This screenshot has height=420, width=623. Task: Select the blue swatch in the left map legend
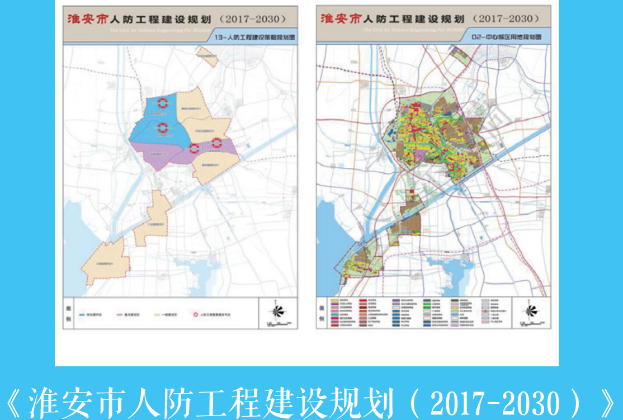pyautogui.click(x=82, y=315)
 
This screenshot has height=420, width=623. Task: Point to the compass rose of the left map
pyautogui.click(x=278, y=311)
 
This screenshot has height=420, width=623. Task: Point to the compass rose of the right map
pyautogui.click(x=530, y=311)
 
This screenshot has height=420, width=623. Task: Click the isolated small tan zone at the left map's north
pyautogui.click(x=206, y=56)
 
